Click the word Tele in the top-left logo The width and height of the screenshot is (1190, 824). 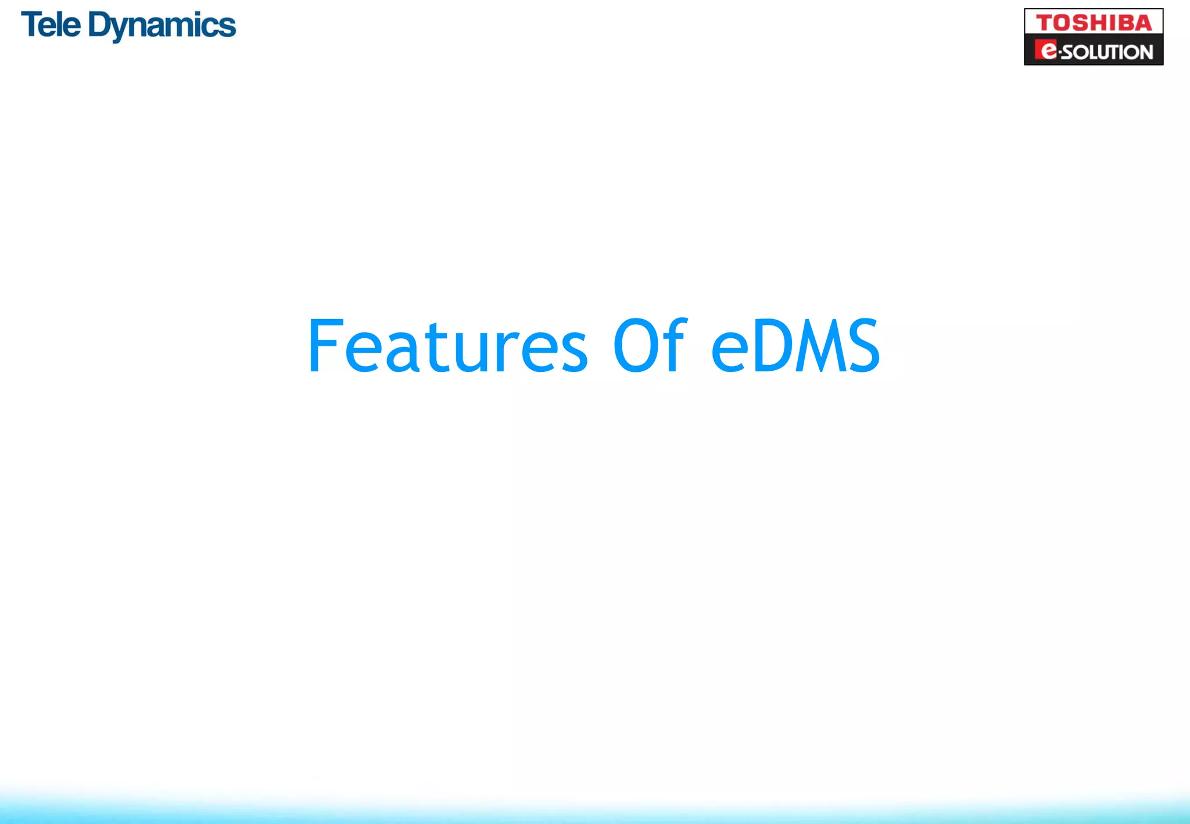(x=51, y=26)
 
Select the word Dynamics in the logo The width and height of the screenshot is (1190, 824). (x=162, y=27)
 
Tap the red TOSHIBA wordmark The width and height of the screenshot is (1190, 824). (x=1094, y=23)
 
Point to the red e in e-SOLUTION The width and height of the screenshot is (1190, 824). (x=1048, y=51)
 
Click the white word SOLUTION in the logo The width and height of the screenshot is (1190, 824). (x=1107, y=52)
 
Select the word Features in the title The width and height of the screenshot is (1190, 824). (x=448, y=346)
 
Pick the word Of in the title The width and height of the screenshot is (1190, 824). (x=650, y=346)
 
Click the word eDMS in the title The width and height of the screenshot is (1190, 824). (x=795, y=346)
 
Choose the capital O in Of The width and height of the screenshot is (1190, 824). (x=636, y=346)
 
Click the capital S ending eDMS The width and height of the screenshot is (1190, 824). (x=862, y=346)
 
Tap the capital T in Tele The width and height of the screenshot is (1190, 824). (x=32, y=25)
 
